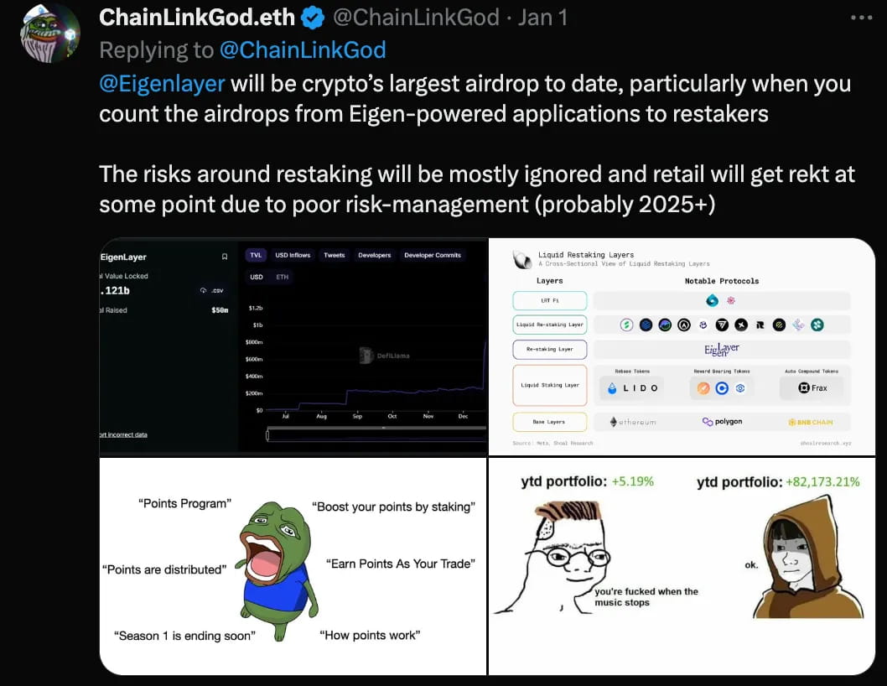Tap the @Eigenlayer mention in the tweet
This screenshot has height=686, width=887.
click(162, 84)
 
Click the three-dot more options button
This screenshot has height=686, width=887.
click(861, 17)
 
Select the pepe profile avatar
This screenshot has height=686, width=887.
click(49, 34)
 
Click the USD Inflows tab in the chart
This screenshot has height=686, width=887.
click(293, 255)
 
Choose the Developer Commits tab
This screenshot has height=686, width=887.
click(432, 255)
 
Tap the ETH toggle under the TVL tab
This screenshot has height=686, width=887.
click(282, 277)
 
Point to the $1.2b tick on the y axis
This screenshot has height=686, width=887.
click(257, 308)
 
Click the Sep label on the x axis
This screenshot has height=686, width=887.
click(357, 416)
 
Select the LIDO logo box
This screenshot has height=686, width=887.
click(632, 388)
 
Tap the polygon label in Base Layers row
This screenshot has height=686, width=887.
click(722, 422)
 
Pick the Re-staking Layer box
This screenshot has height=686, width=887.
click(549, 349)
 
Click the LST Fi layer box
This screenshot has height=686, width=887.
click(549, 300)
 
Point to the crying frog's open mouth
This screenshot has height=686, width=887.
click(262, 559)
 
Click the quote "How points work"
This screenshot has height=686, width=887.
click(370, 635)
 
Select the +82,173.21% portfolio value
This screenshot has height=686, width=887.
click(822, 481)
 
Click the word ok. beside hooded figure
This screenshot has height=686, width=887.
click(751, 564)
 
